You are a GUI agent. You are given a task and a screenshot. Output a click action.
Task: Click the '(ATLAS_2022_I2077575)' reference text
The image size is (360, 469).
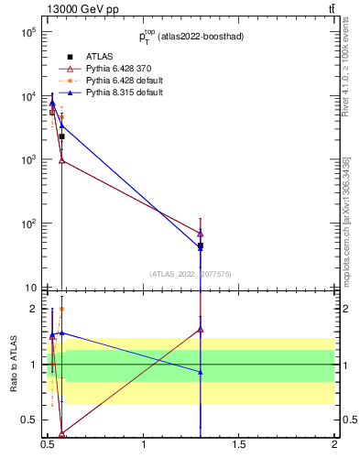point(190,273)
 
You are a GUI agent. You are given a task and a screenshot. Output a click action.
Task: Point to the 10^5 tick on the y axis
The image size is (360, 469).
point(27,32)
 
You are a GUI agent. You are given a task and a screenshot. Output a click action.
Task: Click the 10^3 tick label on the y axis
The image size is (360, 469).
point(27,160)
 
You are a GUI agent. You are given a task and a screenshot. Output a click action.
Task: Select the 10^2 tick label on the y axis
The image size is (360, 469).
point(27,224)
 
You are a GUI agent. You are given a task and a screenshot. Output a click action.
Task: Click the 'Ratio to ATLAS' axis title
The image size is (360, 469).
point(13,365)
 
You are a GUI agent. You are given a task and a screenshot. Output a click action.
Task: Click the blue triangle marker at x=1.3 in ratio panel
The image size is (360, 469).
point(201,372)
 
